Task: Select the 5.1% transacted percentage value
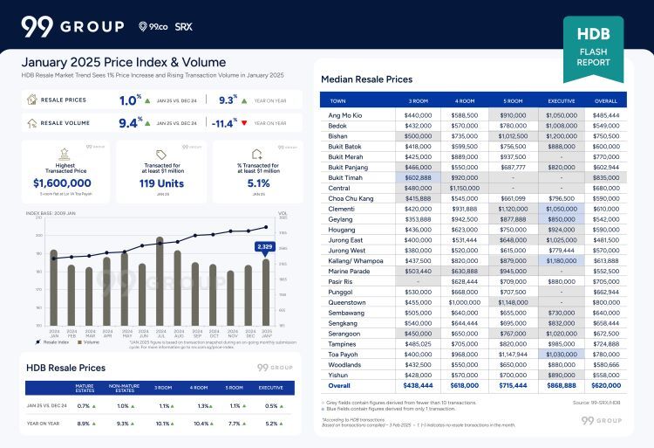pos(258,183)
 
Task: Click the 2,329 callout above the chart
pos(266,247)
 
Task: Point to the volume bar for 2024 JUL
pos(160,280)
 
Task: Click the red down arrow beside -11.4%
pos(245,123)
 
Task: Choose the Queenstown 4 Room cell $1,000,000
pos(465,301)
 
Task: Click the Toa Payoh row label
pos(342,355)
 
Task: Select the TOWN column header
pos(339,100)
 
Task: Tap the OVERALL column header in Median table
pos(605,100)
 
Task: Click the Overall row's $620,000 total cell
pos(605,385)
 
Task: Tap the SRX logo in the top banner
pos(184,27)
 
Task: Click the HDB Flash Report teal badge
pos(593,49)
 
